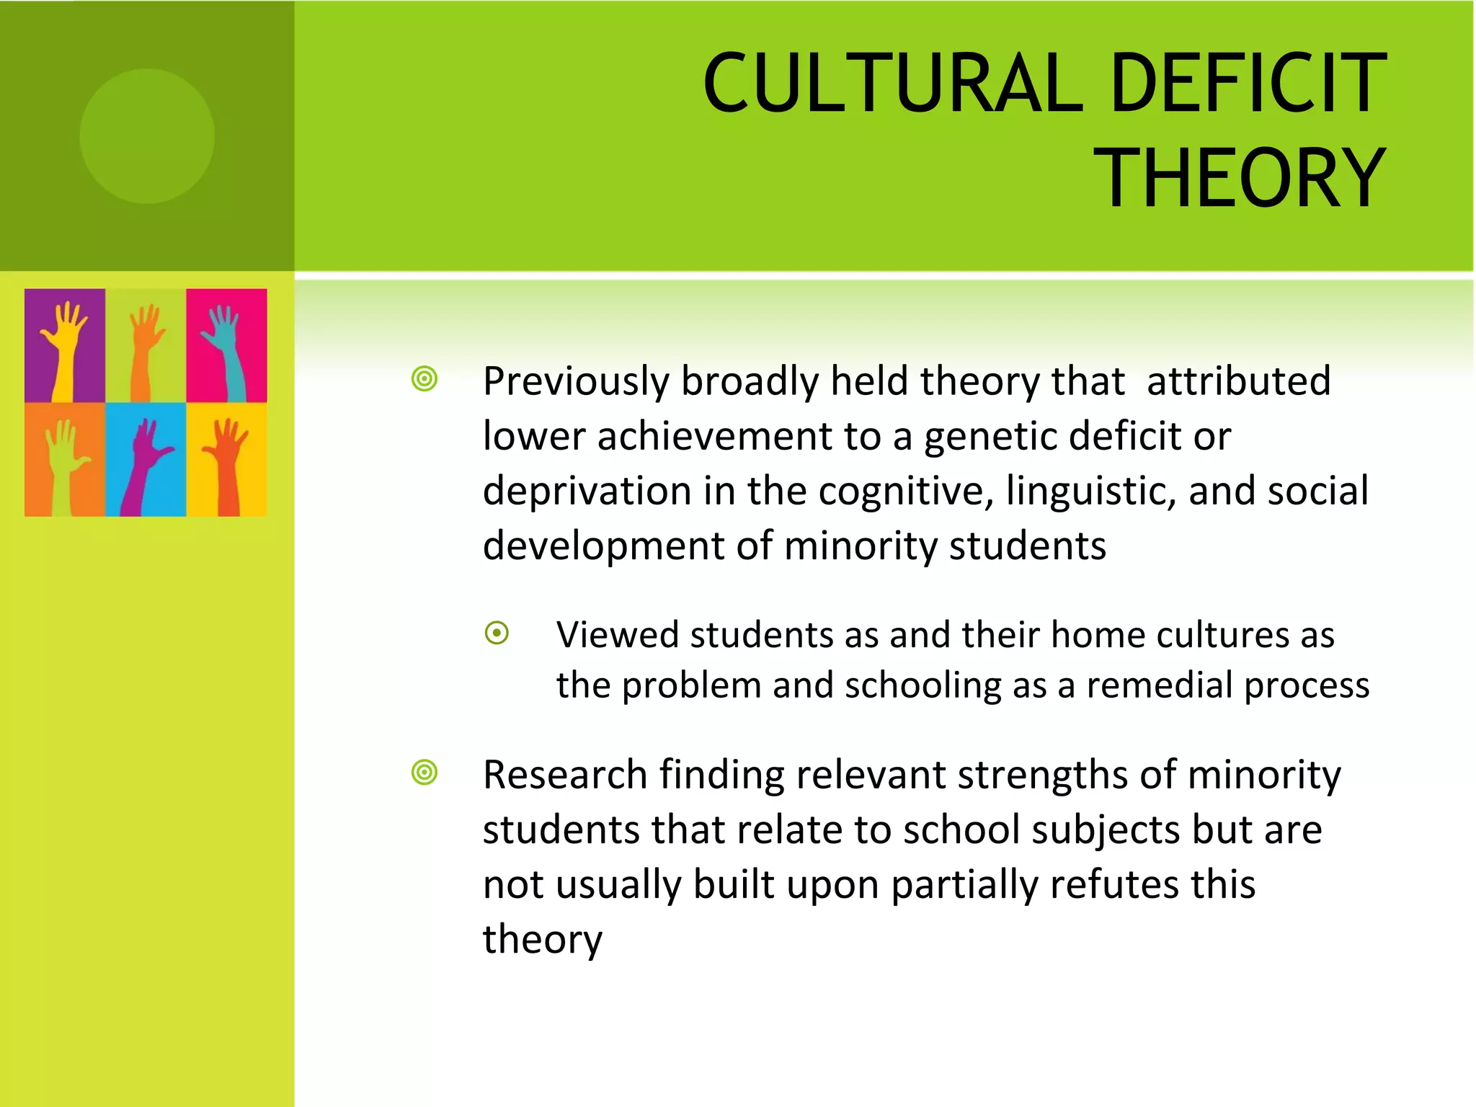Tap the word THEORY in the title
tap(1240, 178)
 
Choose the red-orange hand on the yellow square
tap(228, 461)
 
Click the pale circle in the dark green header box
tap(147, 136)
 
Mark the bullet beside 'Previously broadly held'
tap(424, 379)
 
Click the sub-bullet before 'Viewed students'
tap(497, 633)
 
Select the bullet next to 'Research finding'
tap(424, 773)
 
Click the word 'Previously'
tap(576, 381)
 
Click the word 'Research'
tap(565, 775)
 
